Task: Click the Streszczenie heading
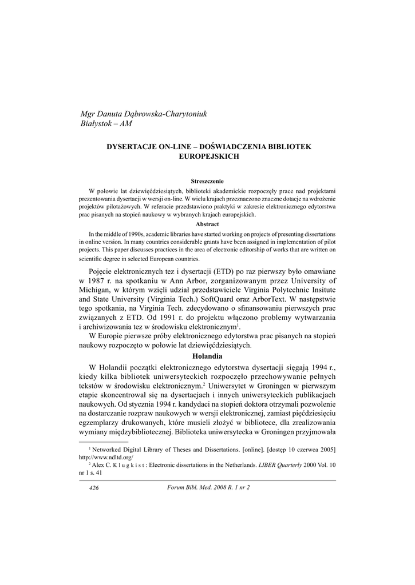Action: (x=207, y=181)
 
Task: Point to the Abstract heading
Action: (x=207, y=224)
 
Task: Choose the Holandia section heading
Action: (x=207, y=356)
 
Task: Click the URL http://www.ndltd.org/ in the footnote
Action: (x=105, y=458)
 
